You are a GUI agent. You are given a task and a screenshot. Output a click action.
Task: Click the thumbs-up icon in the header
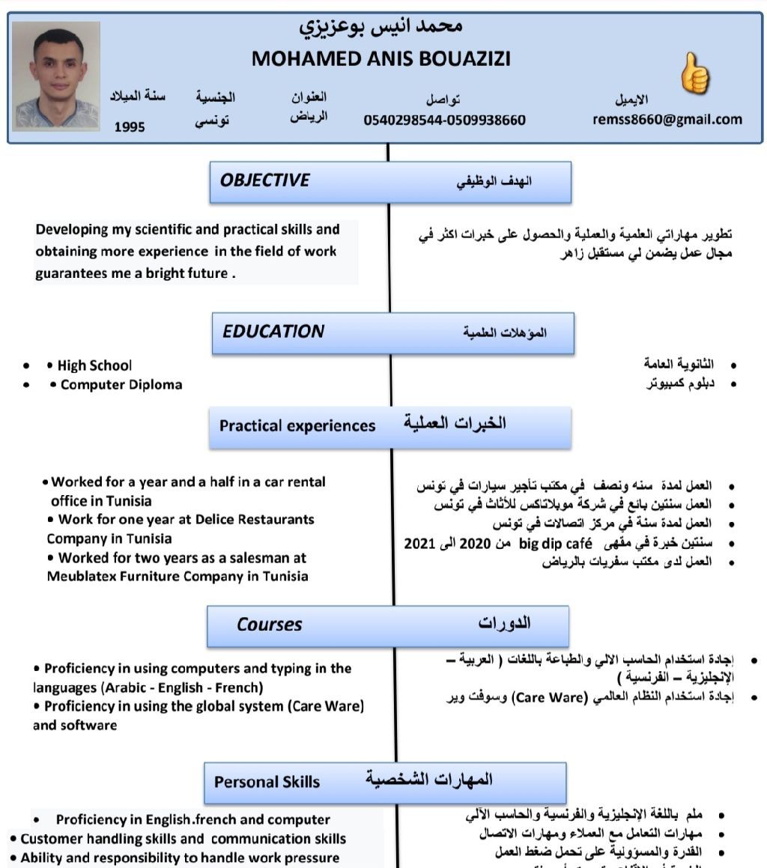tap(694, 73)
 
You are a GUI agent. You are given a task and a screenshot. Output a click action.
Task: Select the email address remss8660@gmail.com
tap(667, 119)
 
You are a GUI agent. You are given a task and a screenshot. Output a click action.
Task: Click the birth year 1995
tap(130, 127)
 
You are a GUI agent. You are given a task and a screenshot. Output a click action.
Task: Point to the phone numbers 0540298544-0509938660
tap(444, 120)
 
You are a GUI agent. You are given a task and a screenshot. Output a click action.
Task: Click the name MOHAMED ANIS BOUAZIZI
tap(381, 58)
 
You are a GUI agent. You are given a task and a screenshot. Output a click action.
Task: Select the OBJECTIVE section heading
tap(264, 180)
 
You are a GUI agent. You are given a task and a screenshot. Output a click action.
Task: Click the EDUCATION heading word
tap(273, 332)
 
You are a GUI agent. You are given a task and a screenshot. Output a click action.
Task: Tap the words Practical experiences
tap(297, 426)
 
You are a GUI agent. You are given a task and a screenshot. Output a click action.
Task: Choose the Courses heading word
tap(270, 625)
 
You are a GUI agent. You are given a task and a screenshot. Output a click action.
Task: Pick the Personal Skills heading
tap(267, 782)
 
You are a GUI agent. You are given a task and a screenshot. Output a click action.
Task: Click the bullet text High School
tap(94, 365)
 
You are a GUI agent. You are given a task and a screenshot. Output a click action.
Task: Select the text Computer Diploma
tap(121, 385)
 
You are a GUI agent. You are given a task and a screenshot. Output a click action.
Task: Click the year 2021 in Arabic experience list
tap(419, 543)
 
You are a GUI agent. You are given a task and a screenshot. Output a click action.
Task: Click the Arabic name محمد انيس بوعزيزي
tap(381, 26)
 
